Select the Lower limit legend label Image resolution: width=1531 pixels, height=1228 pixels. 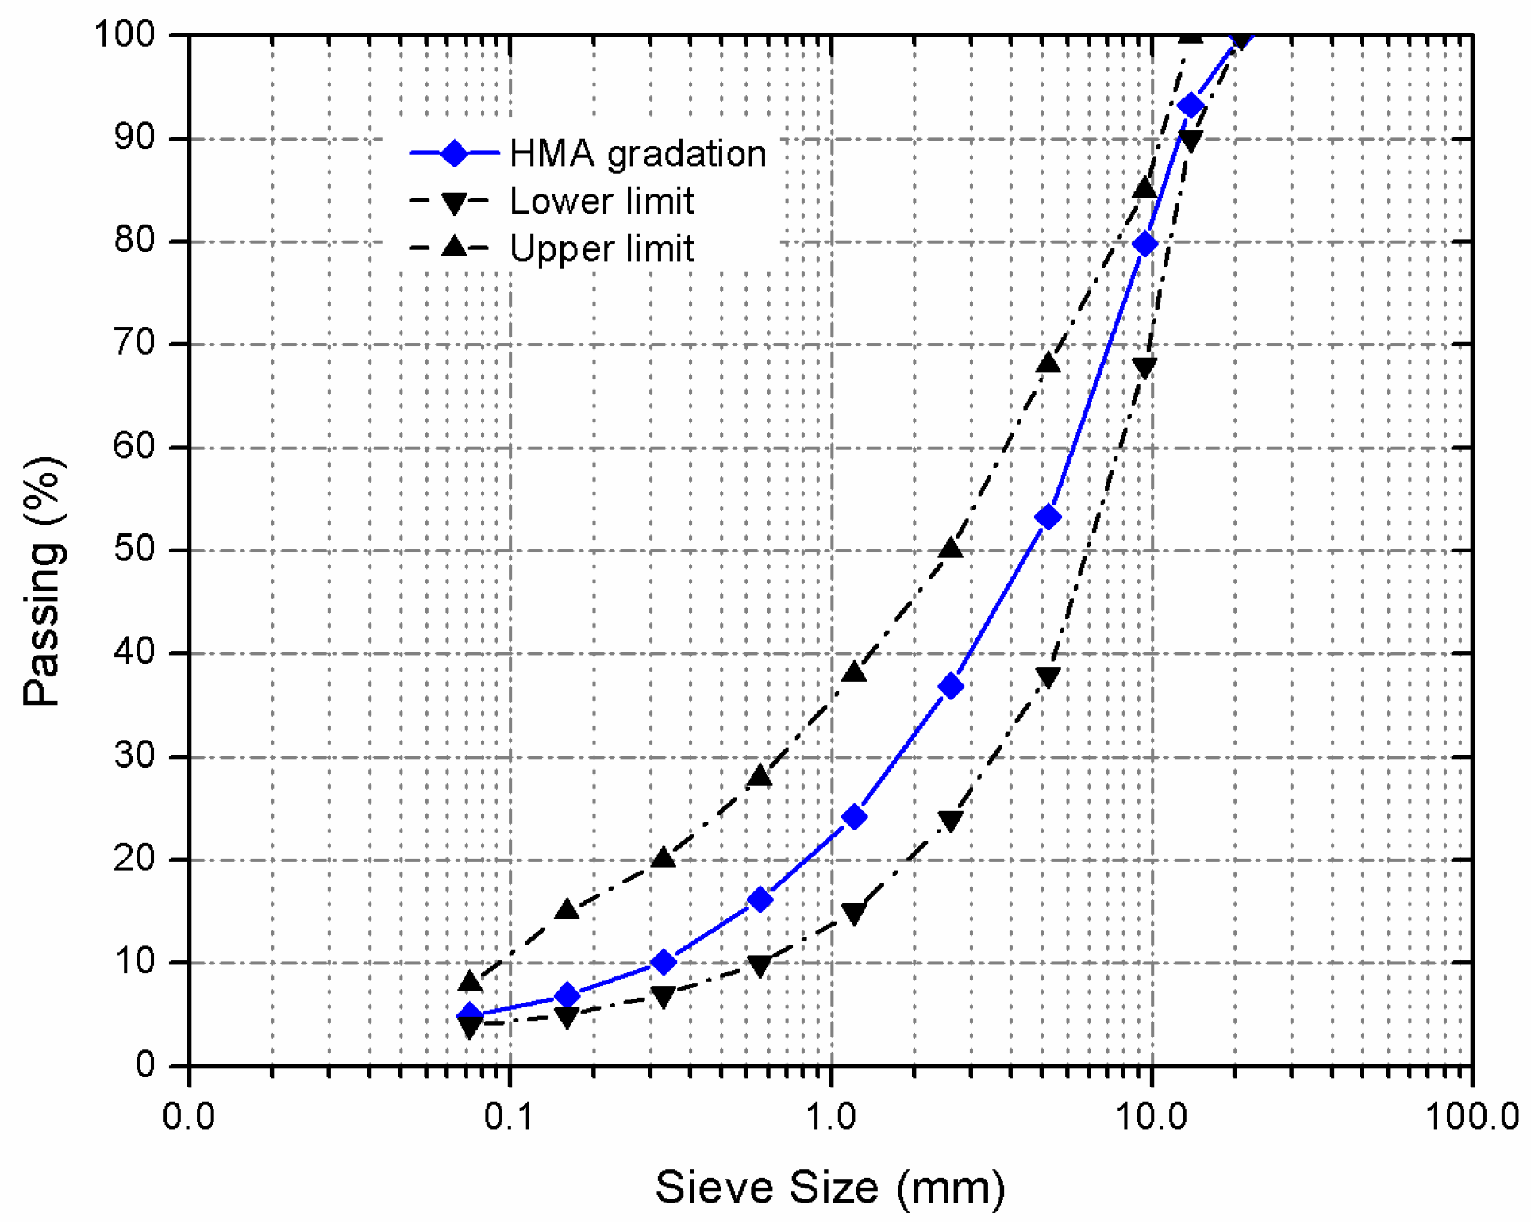[x=602, y=201]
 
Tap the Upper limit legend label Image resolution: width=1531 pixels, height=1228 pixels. [x=602, y=248]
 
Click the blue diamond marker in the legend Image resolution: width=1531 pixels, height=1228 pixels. [x=454, y=153]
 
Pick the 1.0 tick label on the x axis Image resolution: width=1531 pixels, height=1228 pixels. [x=831, y=1117]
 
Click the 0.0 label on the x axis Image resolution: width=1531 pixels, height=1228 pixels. [x=189, y=1117]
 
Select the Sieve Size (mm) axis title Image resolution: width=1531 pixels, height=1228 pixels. [x=830, y=1188]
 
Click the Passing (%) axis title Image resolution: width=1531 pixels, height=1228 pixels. [x=44, y=581]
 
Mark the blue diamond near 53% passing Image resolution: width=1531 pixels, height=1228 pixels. [x=1048, y=518]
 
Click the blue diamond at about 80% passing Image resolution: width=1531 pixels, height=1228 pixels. [x=1144, y=244]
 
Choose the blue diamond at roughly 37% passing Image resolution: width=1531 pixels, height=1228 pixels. [x=951, y=687]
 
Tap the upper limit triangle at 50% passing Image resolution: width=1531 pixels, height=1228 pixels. [x=951, y=549]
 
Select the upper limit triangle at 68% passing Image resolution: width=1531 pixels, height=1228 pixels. [x=1048, y=363]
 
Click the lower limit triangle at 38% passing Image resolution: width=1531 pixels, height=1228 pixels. [x=1048, y=677]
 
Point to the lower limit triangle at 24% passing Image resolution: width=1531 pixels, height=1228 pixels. [x=951, y=821]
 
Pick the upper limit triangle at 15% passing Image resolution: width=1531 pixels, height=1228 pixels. [x=567, y=909]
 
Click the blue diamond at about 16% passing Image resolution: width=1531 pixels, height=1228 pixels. [x=760, y=899]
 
